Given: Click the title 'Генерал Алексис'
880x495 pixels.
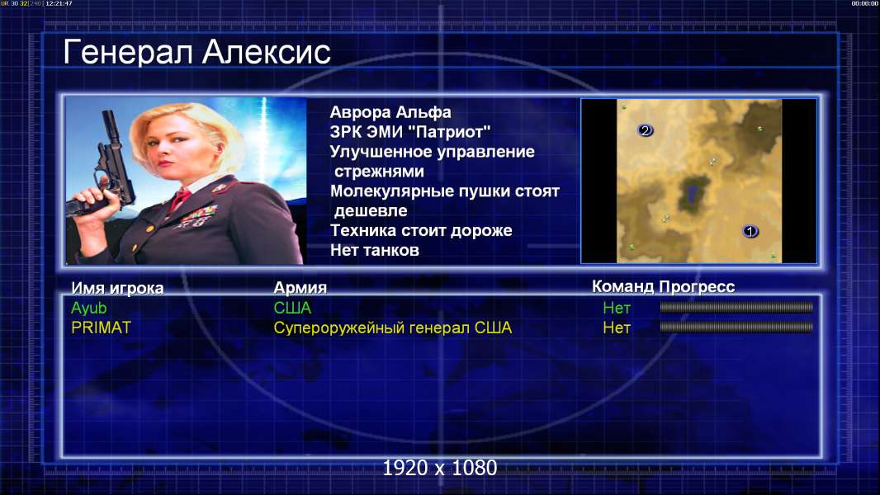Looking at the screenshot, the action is (x=196, y=52).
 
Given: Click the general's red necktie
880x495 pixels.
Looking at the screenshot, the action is (x=180, y=199).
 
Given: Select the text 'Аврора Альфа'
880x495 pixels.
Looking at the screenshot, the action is (x=390, y=112).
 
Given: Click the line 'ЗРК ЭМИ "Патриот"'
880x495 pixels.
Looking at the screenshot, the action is (x=410, y=132).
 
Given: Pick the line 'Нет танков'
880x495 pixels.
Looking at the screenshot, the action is (x=374, y=250).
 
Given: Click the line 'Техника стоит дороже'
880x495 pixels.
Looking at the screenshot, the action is (x=421, y=230).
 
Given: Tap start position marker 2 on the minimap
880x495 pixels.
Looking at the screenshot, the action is (x=645, y=130).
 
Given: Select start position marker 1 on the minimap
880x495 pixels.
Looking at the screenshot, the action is (x=750, y=231).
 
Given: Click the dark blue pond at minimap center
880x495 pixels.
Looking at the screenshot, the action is (x=692, y=194).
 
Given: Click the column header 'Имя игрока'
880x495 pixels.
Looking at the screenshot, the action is (x=117, y=288).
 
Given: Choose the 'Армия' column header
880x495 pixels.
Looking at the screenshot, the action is (x=300, y=288).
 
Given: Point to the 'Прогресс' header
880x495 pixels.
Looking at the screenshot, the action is (x=697, y=286).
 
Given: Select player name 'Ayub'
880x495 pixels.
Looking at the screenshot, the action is (x=88, y=308).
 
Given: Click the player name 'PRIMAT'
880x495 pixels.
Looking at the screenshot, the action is (x=101, y=328).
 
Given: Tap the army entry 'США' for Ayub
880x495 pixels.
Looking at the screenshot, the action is (x=292, y=308).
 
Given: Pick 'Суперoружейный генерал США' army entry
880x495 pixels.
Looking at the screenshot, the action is (x=393, y=328).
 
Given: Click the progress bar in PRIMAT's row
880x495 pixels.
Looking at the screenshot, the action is (x=736, y=327).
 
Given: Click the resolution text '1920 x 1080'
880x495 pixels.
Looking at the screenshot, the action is (x=440, y=468).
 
